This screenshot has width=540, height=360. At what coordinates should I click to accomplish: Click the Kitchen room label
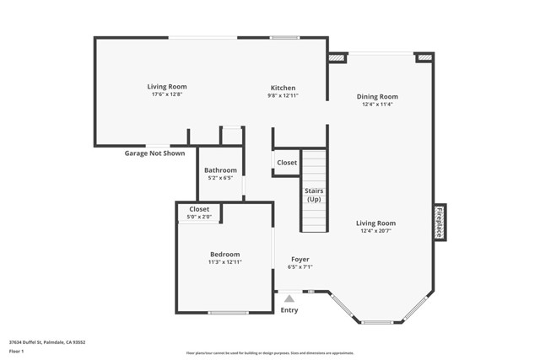coord(283,88)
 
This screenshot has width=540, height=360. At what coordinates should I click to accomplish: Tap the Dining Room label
coord(377,97)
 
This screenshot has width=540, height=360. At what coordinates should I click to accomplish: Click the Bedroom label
coord(225,255)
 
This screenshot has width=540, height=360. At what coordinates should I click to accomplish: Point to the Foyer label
coord(300,260)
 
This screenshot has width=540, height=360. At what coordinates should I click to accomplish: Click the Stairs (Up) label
coord(314,196)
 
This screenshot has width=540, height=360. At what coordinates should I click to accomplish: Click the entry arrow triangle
coord(289,298)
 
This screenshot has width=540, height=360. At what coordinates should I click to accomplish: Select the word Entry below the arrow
coord(289,310)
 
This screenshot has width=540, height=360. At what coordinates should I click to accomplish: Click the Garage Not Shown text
coord(154,153)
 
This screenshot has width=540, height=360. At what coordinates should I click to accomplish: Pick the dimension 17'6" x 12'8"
coord(167,94)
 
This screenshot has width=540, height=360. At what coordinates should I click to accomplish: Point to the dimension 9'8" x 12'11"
coord(283,95)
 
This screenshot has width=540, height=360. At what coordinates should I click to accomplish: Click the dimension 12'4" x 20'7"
coord(377,231)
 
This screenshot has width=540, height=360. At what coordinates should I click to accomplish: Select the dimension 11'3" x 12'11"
coord(225,262)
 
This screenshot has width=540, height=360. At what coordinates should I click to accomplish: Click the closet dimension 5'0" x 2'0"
coord(199,218)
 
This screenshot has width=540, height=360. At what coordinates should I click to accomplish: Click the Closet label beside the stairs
coord(287,163)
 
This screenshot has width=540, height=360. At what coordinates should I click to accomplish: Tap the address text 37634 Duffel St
coord(47,342)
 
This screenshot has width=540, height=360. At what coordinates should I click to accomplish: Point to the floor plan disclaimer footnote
coord(270,352)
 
